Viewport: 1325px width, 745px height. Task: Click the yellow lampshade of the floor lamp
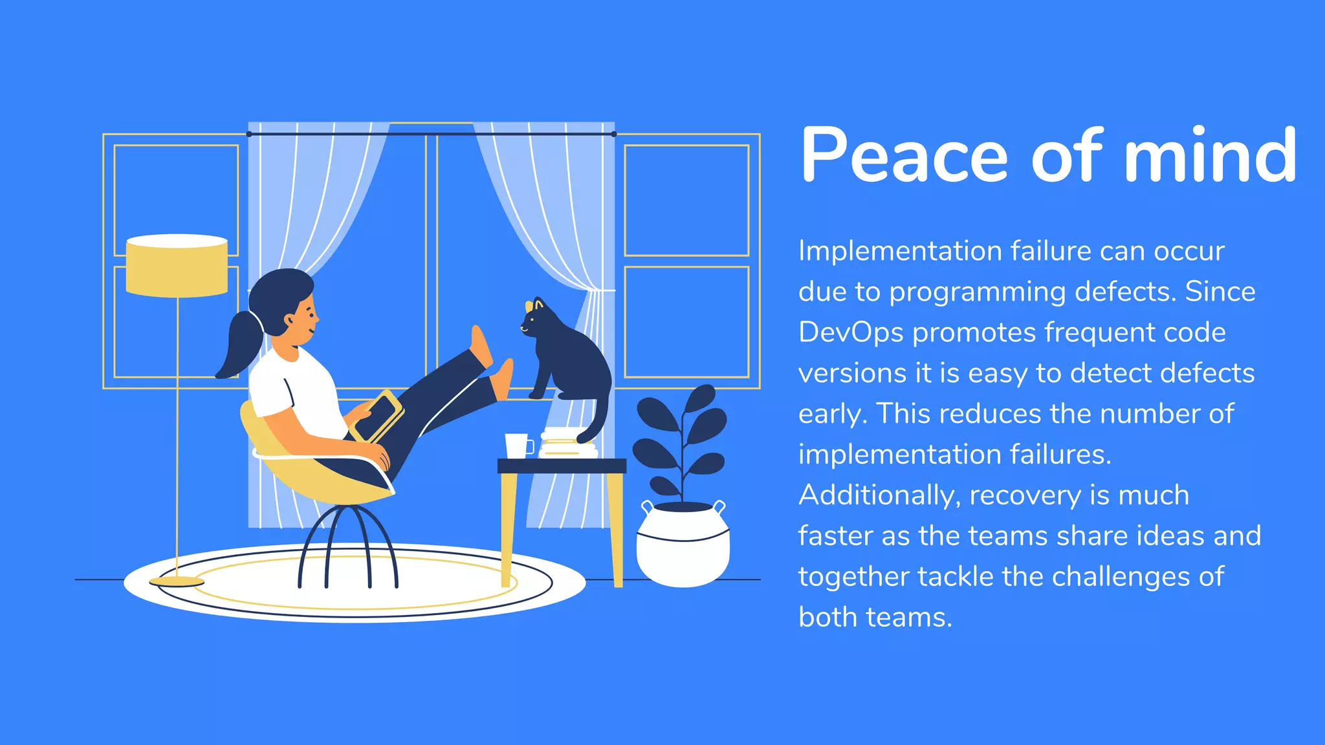click(177, 266)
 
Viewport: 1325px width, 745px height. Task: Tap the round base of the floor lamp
click(177, 581)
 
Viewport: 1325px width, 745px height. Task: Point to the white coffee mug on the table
click(517, 446)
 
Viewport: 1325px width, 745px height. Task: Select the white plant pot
click(683, 546)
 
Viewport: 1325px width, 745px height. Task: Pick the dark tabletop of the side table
click(562, 466)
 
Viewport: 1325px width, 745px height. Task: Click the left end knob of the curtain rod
click(250, 134)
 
